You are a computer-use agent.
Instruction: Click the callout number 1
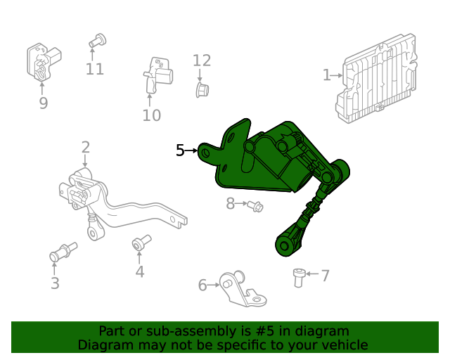click(x=326, y=75)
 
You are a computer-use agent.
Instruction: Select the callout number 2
click(x=85, y=147)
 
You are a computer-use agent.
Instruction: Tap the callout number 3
click(x=55, y=283)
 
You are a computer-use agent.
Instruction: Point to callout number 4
click(x=140, y=271)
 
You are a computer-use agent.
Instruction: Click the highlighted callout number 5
click(x=180, y=150)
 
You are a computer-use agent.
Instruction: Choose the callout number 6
click(x=202, y=285)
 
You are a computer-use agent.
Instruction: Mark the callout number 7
click(x=325, y=275)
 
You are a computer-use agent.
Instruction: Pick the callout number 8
click(x=230, y=204)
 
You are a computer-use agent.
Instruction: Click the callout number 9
click(x=43, y=103)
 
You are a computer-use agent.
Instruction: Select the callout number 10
click(x=151, y=115)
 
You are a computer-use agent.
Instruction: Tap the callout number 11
click(x=95, y=69)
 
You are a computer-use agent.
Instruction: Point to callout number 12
click(x=202, y=60)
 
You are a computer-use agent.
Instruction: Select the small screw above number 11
click(x=97, y=41)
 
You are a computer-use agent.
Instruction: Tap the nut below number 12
click(x=202, y=89)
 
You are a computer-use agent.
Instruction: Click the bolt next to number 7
click(x=300, y=276)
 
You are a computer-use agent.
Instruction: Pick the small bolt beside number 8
click(x=255, y=205)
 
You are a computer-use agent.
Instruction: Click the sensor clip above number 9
click(x=42, y=62)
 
